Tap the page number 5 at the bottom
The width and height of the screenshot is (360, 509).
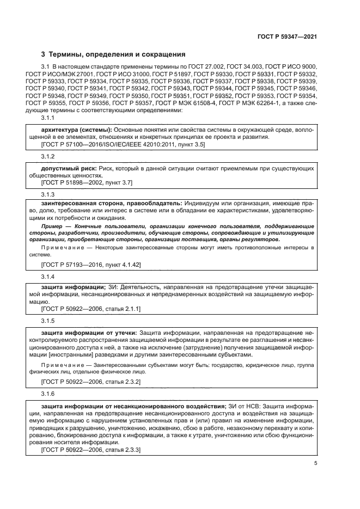pos(315,463)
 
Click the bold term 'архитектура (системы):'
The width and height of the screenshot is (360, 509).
pos(76,130)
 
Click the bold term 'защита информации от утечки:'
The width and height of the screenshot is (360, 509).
pos(90,332)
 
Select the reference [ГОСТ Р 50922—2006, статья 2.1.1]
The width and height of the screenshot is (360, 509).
pos(91,309)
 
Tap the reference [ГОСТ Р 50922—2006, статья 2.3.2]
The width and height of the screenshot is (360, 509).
pos(91,382)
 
